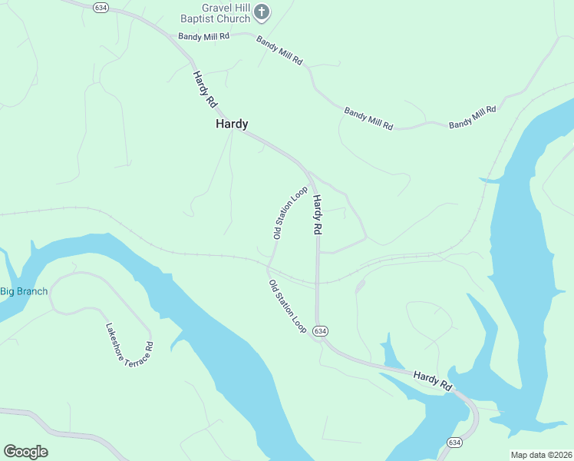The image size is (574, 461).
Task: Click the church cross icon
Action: click(262, 12)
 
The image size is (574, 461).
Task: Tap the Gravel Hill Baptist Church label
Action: click(215, 12)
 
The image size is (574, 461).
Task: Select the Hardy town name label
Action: click(232, 124)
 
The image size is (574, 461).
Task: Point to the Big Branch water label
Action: click(24, 291)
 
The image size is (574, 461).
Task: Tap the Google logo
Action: click(25, 451)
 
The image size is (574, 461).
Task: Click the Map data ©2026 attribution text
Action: click(542, 455)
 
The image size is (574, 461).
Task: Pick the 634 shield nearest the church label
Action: click(100, 7)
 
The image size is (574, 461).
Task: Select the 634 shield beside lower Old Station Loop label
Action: click(321, 330)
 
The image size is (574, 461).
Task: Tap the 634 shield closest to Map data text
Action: click(455, 443)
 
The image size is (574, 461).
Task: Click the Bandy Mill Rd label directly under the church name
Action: click(204, 36)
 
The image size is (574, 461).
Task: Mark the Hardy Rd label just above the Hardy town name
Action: click(204, 89)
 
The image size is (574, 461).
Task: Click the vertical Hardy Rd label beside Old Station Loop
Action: click(316, 214)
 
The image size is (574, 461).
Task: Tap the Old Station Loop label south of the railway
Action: click(288, 306)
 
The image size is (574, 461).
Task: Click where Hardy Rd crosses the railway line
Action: click(318, 281)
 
